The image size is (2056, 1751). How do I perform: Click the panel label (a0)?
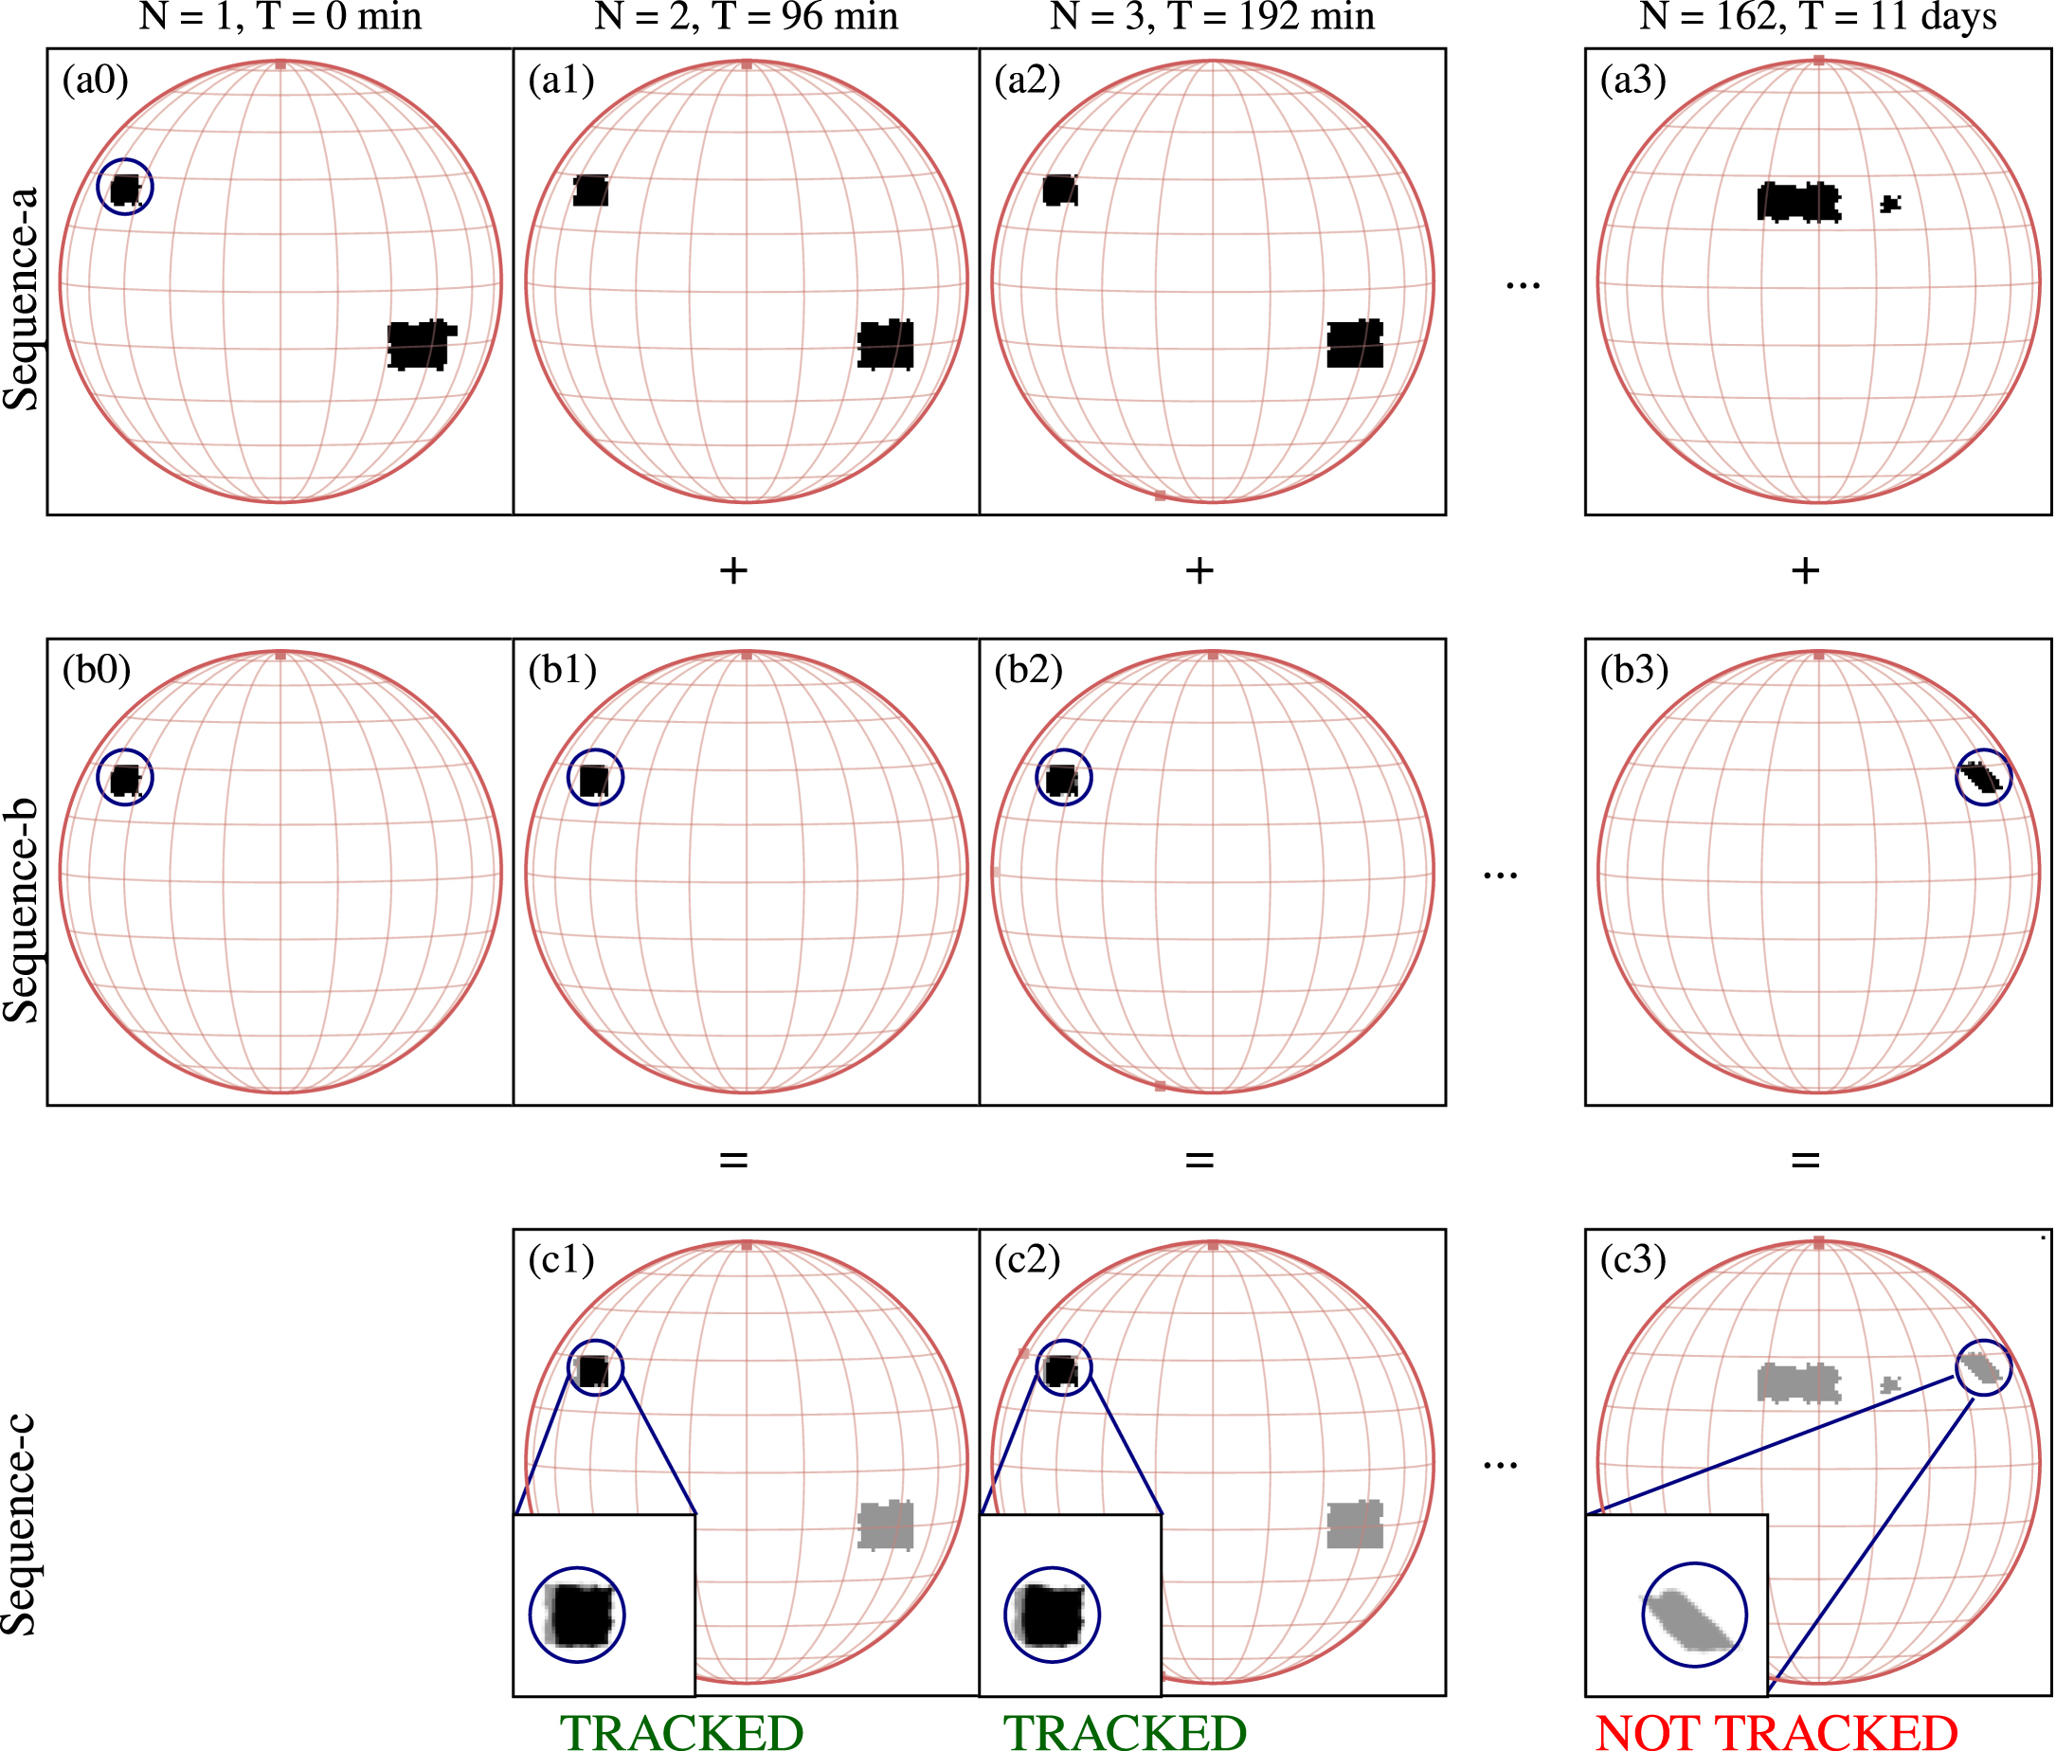pos(96,81)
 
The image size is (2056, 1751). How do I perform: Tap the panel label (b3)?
pos(1634,671)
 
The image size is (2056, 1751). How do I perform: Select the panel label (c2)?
pos(1028,1260)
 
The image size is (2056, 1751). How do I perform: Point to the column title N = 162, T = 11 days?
pos(1818,17)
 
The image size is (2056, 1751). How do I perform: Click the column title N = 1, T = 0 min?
pos(280,17)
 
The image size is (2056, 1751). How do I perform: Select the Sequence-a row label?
pos(21,298)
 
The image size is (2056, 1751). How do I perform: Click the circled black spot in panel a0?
pos(126,189)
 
